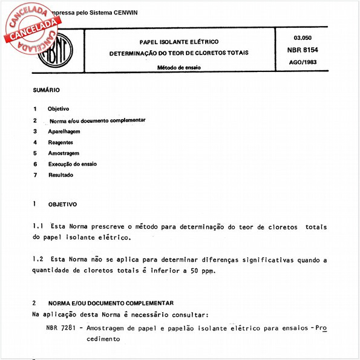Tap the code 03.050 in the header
[302, 38]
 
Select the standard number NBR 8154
[301, 50]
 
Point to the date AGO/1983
[302, 62]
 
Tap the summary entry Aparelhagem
[64, 131]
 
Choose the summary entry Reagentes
[61, 142]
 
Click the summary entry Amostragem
[64, 153]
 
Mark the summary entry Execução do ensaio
[73, 164]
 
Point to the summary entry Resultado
[61, 175]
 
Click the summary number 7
[36, 175]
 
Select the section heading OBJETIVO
[62, 205]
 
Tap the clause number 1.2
[38, 260]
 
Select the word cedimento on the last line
[103, 340]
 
